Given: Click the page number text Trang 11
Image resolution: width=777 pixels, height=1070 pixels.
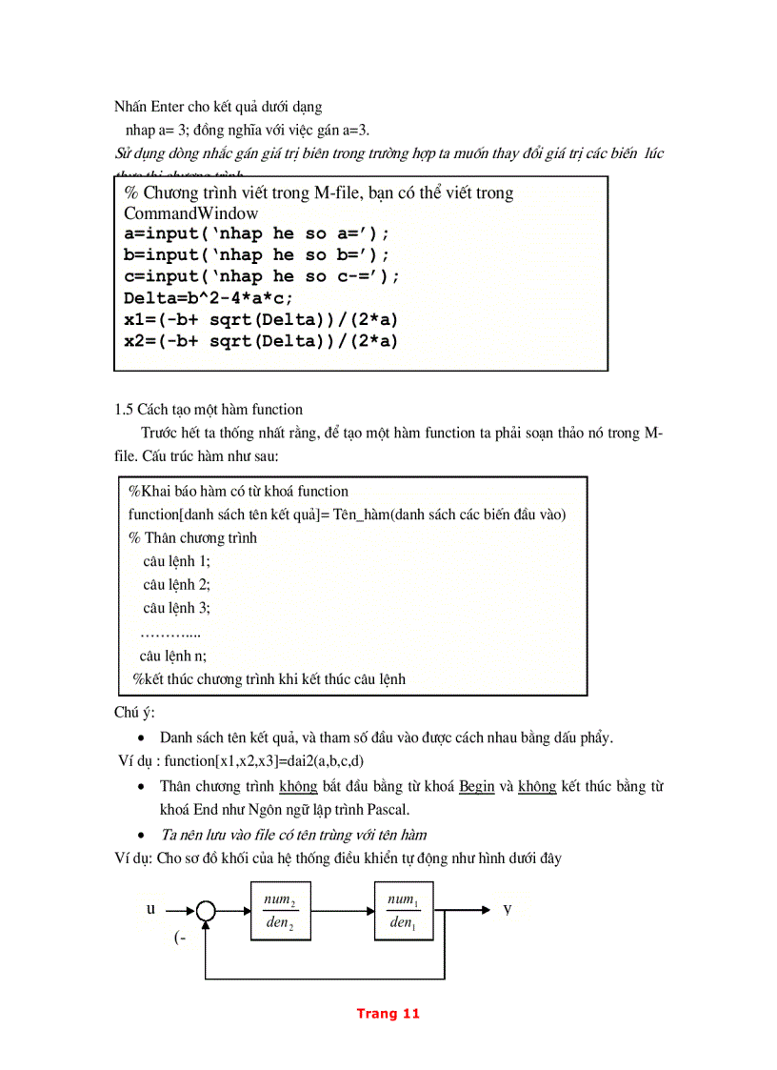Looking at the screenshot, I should click(388, 1013).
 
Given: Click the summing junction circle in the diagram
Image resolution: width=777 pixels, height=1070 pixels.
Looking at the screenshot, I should click(207, 911).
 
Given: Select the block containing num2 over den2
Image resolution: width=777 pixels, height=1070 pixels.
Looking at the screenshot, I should click(280, 911).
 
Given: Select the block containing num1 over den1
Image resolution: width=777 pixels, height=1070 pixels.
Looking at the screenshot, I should click(401, 911).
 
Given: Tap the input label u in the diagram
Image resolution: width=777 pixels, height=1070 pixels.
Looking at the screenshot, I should click(150, 909).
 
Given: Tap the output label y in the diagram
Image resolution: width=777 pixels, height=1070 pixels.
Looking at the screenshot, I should click(508, 909).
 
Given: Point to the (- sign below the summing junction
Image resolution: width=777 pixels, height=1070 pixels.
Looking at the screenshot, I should click(180, 938).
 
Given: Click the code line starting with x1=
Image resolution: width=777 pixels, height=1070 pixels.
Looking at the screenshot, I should click(261, 319).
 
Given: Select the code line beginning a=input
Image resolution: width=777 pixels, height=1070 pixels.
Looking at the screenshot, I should click(256, 233).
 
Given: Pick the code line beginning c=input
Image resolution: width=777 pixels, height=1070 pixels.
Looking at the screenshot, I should click(262, 276).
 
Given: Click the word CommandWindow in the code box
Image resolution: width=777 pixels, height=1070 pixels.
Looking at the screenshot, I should click(190, 212).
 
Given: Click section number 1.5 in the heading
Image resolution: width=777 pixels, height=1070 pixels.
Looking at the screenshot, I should click(124, 410).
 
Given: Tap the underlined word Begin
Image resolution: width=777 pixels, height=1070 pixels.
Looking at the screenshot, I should click(476, 787).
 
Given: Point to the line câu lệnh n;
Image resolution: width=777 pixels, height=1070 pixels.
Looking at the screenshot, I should click(172, 656).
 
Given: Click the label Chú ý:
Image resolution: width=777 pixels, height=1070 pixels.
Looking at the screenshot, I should click(134, 714).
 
